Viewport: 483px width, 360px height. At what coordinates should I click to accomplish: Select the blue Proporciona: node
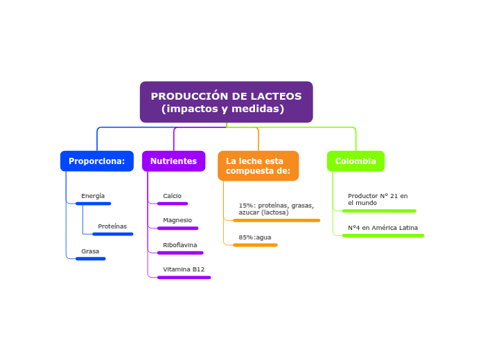pyautogui.click(x=96, y=161)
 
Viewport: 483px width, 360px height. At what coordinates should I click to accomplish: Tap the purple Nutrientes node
pyautogui.click(x=173, y=161)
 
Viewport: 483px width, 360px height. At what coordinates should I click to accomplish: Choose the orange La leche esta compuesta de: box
pyautogui.click(x=258, y=166)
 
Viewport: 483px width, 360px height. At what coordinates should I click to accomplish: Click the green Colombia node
pyautogui.click(x=355, y=161)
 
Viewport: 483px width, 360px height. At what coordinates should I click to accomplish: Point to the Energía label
pyautogui.click(x=93, y=196)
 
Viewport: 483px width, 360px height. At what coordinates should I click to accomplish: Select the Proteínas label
pyautogui.click(x=112, y=226)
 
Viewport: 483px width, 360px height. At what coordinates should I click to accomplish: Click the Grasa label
pyautogui.click(x=90, y=251)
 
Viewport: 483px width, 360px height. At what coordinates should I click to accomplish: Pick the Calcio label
pyautogui.click(x=172, y=196)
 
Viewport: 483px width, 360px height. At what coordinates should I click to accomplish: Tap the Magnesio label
pyautogui.click(x=177, y=220)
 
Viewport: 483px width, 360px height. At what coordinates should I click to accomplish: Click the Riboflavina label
pyautogui.click(x=179, y=245)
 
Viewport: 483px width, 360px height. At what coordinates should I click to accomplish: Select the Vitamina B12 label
pyautogui.click(x=184, y=269)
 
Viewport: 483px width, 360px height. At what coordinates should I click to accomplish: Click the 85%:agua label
pyautogui.click(x=255, y=237)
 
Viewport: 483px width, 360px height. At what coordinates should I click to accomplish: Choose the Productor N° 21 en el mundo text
pyautogui.click(x=378, y=199)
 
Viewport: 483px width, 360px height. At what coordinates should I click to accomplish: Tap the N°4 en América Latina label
pyautogui.click(x=383, y=228)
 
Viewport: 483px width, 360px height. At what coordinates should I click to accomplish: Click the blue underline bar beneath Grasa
pyautogui.click(x=91, y=259)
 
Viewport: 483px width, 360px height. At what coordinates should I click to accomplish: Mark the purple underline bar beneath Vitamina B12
pyautogui.click(x=184, y=278)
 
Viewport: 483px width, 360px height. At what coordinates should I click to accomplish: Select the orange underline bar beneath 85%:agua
pyautogui.click(x=255, y=245)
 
